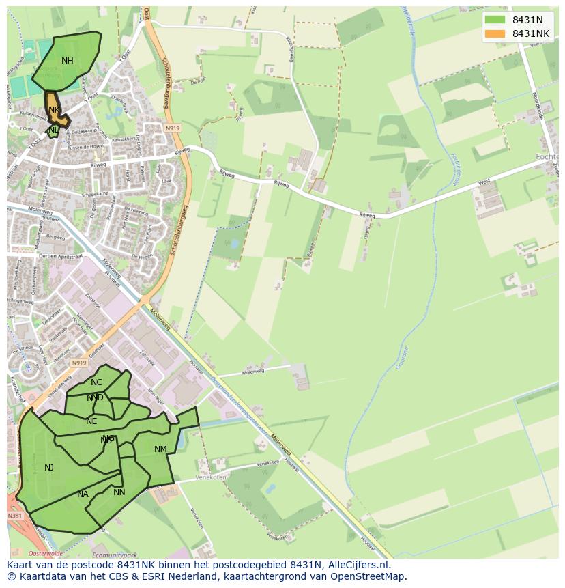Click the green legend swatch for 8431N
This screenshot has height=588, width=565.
coord(495,20)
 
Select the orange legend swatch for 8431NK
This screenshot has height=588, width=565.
coord(495,33)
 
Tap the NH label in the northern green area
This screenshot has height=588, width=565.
coord(67,61)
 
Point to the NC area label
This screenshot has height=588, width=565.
coord(96,382)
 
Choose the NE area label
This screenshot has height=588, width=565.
coord(91,421)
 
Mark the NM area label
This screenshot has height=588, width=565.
coord(160,449)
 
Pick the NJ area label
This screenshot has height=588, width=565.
coord(49,468)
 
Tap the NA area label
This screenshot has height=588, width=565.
coord(83,494)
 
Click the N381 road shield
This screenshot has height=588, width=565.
coord(15,516)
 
